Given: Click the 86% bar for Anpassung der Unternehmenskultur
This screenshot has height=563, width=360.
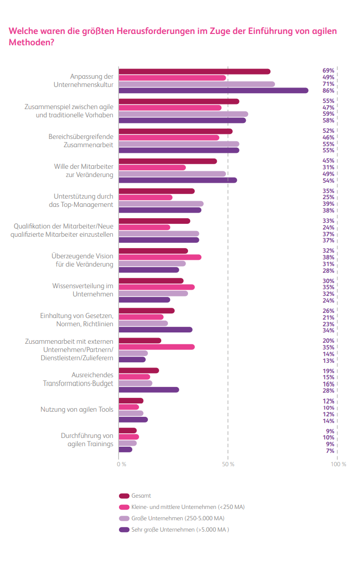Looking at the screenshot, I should [213, 91].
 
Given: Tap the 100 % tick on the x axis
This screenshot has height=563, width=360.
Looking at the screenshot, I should [338, 464].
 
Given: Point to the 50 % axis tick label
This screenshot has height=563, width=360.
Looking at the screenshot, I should [228, 464].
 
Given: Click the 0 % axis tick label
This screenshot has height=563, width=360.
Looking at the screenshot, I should [122, 464].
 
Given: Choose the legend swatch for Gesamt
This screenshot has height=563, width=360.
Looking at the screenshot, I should [124, 496].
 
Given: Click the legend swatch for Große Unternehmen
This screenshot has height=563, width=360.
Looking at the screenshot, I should [124, 518].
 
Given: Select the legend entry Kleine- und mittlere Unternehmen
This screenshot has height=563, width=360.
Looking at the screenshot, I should [187, 507].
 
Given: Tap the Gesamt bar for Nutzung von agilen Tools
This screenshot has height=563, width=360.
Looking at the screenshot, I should [131, 401].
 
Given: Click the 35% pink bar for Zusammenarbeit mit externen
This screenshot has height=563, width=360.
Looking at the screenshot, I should [157, 347].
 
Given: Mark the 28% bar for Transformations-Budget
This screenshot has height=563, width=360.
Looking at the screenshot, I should [149, 390].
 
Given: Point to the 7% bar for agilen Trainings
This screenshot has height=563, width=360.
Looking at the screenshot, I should [125, 449].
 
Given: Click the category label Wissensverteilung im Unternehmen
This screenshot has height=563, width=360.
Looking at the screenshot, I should [82, 289].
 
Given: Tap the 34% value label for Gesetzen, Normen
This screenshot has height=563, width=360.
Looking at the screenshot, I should [328, 330].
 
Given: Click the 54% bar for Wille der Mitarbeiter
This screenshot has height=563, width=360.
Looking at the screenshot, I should [178, 180].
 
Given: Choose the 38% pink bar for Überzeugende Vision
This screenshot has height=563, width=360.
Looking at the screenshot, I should [160, 257].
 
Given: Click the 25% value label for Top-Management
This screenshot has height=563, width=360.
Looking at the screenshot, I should [328, 198].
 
